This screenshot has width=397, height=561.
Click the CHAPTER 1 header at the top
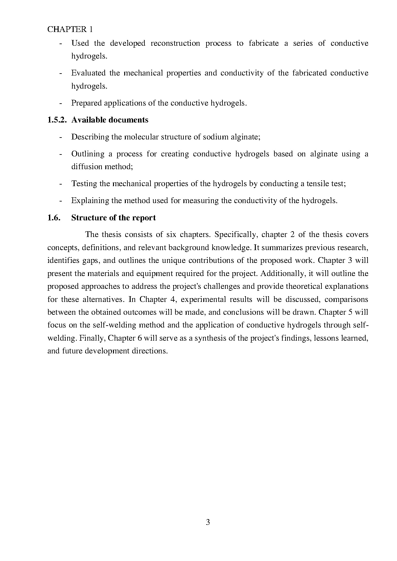click(x=70, y=29)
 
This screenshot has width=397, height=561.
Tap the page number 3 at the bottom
click(x=208, y=522)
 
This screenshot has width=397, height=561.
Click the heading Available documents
click(x=110, y=120)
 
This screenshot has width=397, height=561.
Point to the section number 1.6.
click(x=54, y=218)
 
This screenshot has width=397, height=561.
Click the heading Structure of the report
click(x=113, y=218)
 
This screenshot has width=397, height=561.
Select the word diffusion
click(x=85, y=167)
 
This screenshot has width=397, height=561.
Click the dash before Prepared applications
click(x=61, y=103)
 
